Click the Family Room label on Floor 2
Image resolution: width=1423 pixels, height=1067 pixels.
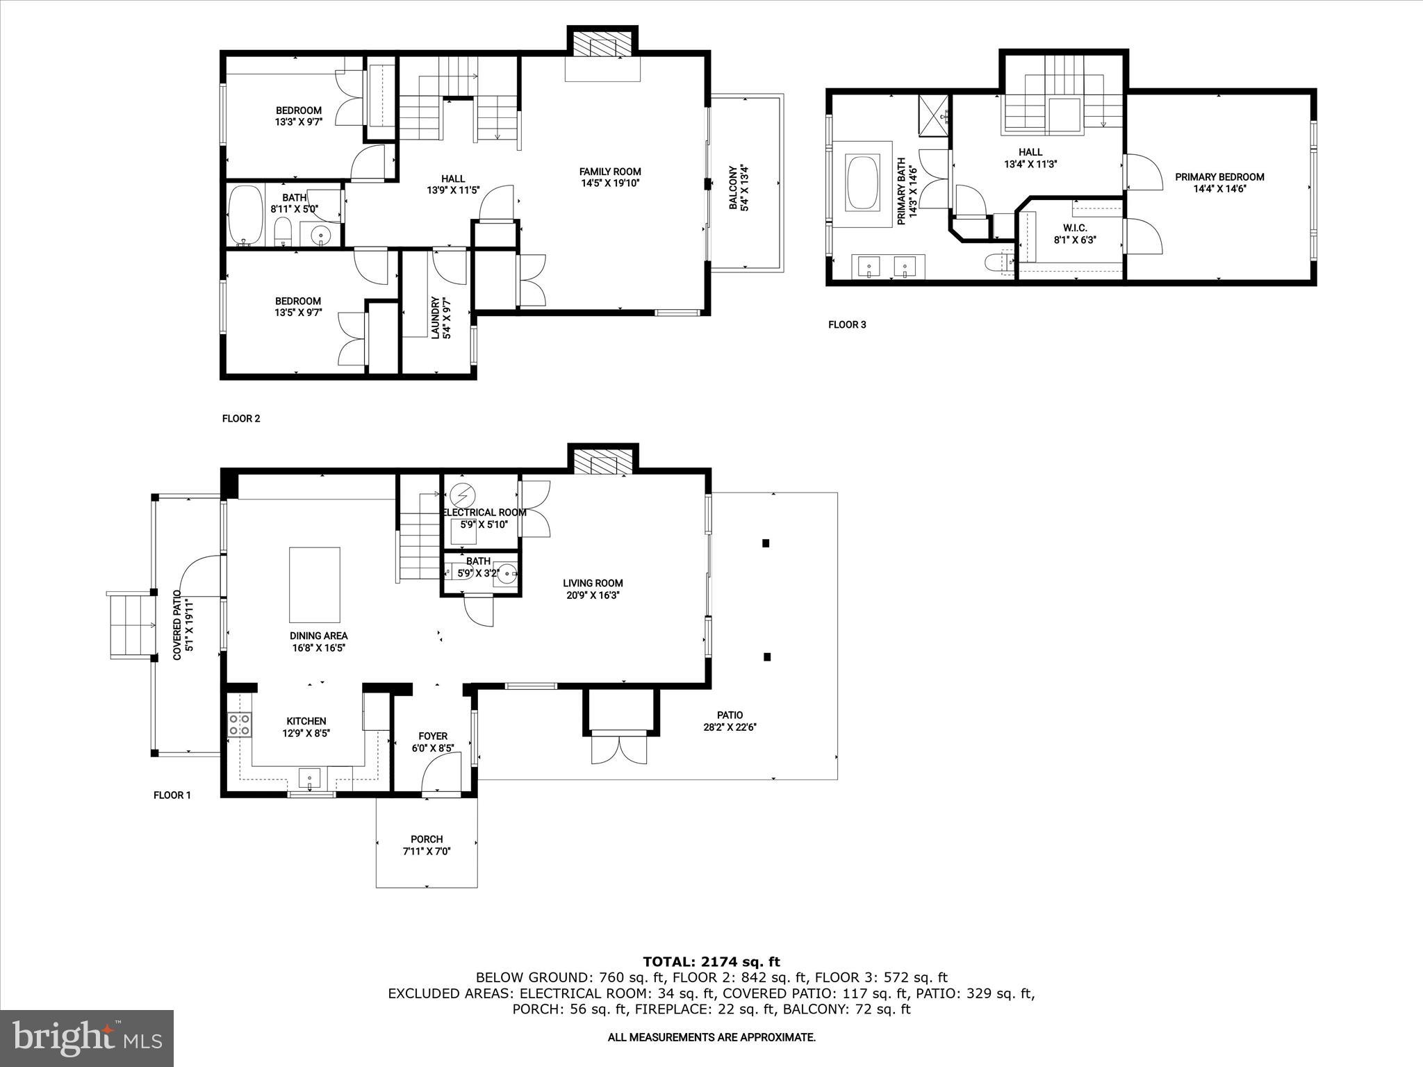click(x=610, y=177)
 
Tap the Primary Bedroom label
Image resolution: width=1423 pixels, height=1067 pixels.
click(x=1219, y=183)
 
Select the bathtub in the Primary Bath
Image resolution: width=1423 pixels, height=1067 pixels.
click(x=862, y=183)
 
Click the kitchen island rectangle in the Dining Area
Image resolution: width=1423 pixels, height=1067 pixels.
click(x=315, y=584)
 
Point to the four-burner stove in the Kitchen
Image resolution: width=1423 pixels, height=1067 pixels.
click(x=239, y=725)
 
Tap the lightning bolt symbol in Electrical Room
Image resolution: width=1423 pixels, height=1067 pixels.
click(x=461, y=495)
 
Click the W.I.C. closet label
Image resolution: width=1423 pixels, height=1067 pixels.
click(x=1075, y=234)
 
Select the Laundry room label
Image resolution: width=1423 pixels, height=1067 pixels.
click(x=441, y=318)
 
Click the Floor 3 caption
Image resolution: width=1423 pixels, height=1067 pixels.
click(x=847, y=324)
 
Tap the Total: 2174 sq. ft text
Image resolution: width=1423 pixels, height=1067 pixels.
click(x=711, y=962)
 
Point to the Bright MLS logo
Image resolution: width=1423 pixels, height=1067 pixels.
click(x=87, y=1038)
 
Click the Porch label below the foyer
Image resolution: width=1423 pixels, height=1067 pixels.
click(x=427, y=845)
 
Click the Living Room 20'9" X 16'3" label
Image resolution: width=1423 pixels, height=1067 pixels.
click(x=593, y=589)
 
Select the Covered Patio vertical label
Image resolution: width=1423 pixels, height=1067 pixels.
click(x=182, y=625)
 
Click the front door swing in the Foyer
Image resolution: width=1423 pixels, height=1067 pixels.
click(x=441, y=773)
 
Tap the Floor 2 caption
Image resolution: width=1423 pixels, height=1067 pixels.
click(x=240, y=418)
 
